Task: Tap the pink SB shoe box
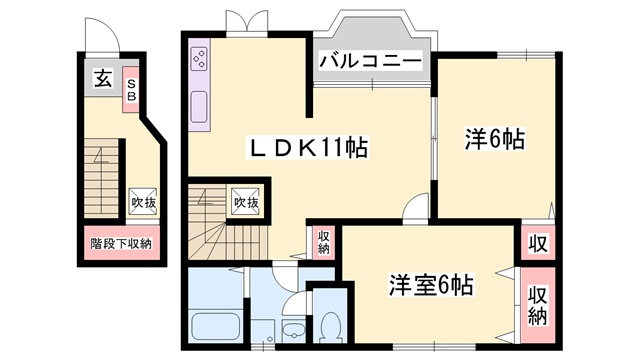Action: pos(131,90)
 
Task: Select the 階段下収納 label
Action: pos(121,243)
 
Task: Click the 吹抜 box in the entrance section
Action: pos(142,201)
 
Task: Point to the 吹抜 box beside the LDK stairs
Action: pos(246,200)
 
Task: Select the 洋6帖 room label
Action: pos(495,140)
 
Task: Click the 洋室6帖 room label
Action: pos(432,283)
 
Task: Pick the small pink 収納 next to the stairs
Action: pos(324,242)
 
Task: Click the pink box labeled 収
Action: pos(537,243)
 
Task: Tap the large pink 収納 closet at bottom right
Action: pos(537,304)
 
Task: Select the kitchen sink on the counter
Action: pos(197,106)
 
